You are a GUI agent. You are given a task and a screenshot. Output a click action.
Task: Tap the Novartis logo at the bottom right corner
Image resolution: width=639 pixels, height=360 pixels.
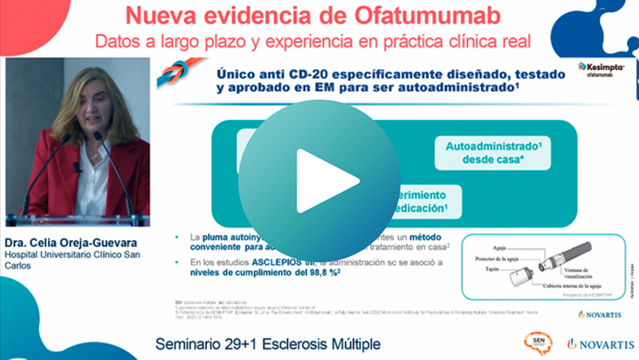pos(600,344)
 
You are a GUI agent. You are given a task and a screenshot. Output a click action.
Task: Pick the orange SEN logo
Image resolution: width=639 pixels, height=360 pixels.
pos(538,343)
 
